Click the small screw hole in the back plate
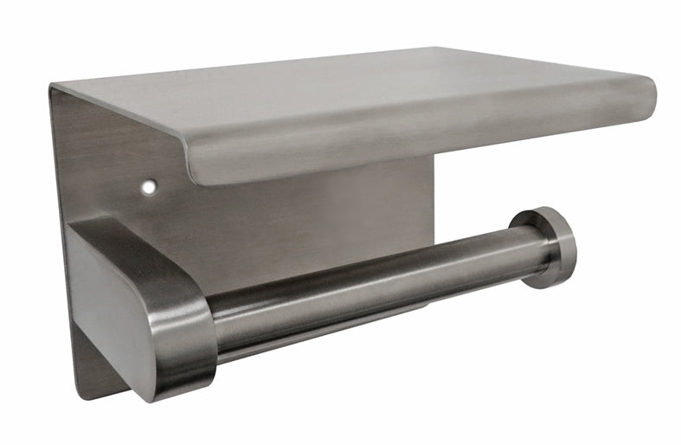pyautogui.click(x=150, y=186)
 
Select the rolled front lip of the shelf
pyautogui.click(x=415, y=139)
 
